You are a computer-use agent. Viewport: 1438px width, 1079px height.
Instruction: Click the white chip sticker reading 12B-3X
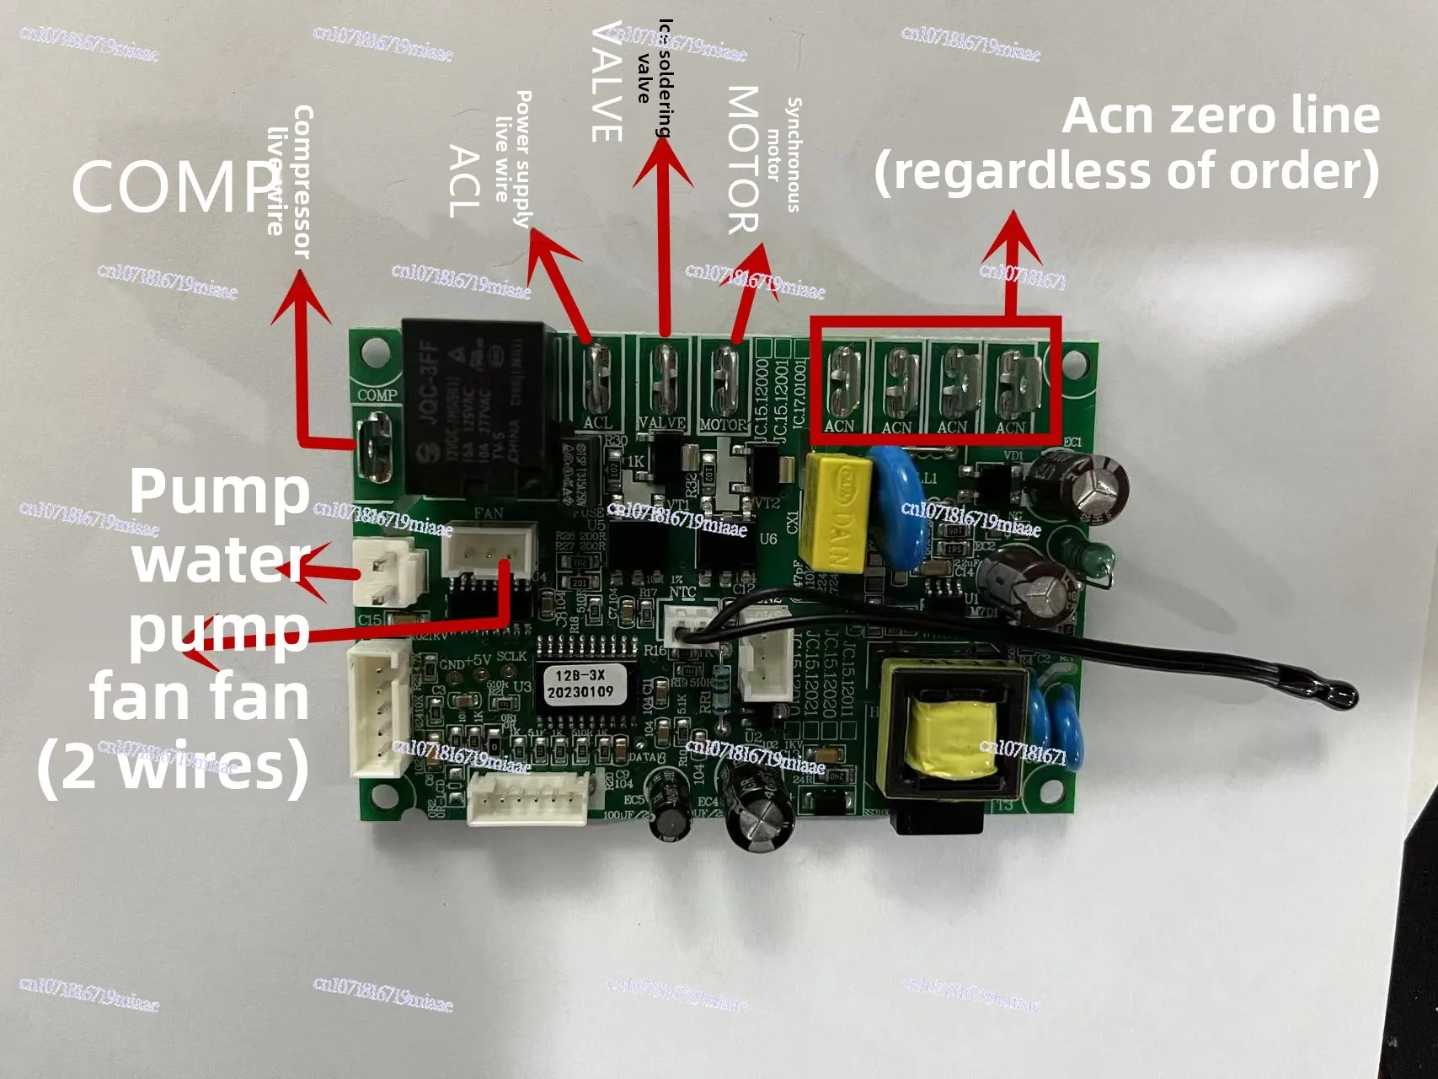point(580,684)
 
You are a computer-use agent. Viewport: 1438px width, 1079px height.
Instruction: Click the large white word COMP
point(173,186)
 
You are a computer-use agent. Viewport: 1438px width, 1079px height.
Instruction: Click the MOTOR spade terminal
point(725,378)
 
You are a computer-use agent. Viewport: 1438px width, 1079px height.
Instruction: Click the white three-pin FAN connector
point(490,550)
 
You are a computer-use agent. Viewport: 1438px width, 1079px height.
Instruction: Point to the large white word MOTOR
point(743,159)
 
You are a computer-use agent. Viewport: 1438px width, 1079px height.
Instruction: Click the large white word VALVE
point(607,82)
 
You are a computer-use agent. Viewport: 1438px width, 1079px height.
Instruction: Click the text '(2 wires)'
point(173,769)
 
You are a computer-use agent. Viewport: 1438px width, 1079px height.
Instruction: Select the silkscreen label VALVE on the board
point(662,423)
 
